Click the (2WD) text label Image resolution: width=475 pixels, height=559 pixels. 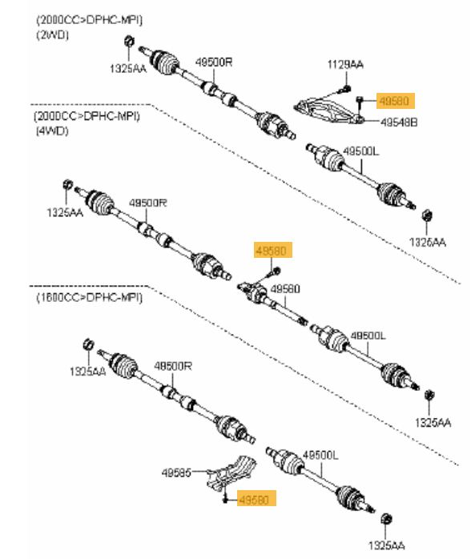[52, 35]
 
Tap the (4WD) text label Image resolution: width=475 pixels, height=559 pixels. [52, 131]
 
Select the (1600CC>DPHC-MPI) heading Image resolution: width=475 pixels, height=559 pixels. [89, 297]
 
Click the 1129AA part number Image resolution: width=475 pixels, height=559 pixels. [345, 65]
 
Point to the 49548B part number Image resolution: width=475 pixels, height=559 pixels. [399, 123]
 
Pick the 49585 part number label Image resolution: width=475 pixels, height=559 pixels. [176, 473]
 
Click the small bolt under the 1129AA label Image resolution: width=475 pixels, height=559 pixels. [344, 89]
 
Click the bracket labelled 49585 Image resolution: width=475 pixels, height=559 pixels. [231, 473]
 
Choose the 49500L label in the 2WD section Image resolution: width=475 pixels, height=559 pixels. [361, 151]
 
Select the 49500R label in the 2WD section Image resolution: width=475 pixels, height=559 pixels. [214, 62]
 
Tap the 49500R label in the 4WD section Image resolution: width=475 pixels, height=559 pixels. [147, 203]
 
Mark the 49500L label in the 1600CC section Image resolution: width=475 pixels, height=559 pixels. [320, 455]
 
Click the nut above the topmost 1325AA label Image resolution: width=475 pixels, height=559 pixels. [129, 41]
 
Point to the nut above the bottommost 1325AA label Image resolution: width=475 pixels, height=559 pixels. [386, 519]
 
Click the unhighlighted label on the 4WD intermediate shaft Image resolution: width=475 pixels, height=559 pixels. [285, 289]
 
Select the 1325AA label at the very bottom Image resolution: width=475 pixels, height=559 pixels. [387, 545]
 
